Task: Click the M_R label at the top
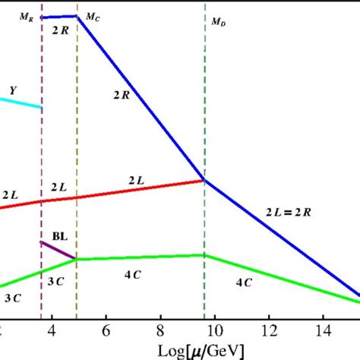click(x=27, y=15)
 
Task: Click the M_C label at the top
click(x=91, y=16)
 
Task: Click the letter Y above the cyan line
click(x=12, y=90)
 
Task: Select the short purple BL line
click(x=58, y=250)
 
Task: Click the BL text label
click(x=58, y=236)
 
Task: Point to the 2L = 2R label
click(x=288, y=210)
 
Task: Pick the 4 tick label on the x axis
click(x=52, y=331)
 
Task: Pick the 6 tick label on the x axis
click(x=106, y=331)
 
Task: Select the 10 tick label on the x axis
click(x=215, y=331)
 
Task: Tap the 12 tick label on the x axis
click(x=270, y=331)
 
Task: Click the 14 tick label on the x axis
click(x=324, y=331)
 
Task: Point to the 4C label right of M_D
click(x=244, y=283)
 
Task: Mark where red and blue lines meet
click(x=204, y=180)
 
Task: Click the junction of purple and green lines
click(x=76, y=259)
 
